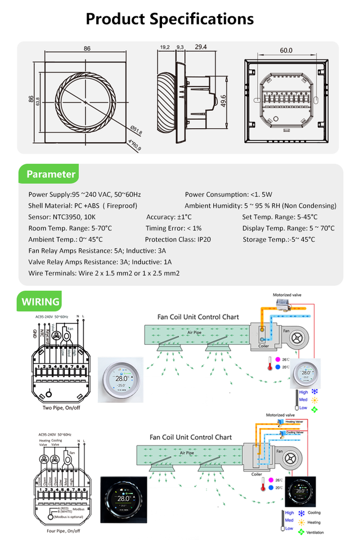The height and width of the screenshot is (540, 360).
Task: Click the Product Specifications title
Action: point(169,19)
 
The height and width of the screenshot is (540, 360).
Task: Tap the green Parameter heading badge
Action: point(50,174)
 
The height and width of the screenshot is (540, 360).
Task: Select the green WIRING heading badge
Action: point(40,301)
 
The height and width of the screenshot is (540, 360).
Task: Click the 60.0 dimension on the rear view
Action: point(286,50)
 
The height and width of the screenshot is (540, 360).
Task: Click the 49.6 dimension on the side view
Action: point(223,100)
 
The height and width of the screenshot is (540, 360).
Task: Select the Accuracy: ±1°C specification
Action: point(169,217)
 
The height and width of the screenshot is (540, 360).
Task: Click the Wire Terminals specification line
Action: point(103,273)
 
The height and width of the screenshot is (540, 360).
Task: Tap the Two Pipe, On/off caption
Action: point(61,407)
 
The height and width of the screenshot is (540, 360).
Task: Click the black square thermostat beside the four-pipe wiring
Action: point(124,498)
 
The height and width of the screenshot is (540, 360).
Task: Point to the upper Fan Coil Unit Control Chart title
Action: point(191,317)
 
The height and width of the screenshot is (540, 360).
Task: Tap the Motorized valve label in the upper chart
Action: point(287,295)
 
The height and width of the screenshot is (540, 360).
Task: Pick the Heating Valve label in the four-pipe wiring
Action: point(44,443)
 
